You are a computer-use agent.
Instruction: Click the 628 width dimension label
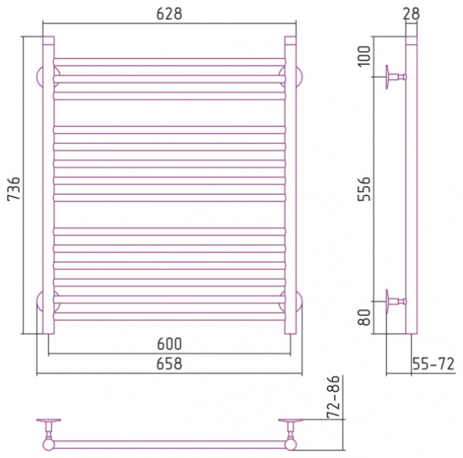[169, 14]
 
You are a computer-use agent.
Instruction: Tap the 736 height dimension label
[14, 188]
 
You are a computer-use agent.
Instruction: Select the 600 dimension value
[169, 344]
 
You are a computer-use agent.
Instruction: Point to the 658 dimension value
[169, 364]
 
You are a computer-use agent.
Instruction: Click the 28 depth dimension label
[411, 14]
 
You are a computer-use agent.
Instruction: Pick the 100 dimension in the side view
[364, 56]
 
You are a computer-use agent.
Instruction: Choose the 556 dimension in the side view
[364, 189]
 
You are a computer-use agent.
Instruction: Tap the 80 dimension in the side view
[364, 317]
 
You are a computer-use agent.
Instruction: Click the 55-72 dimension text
[433, 364]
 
